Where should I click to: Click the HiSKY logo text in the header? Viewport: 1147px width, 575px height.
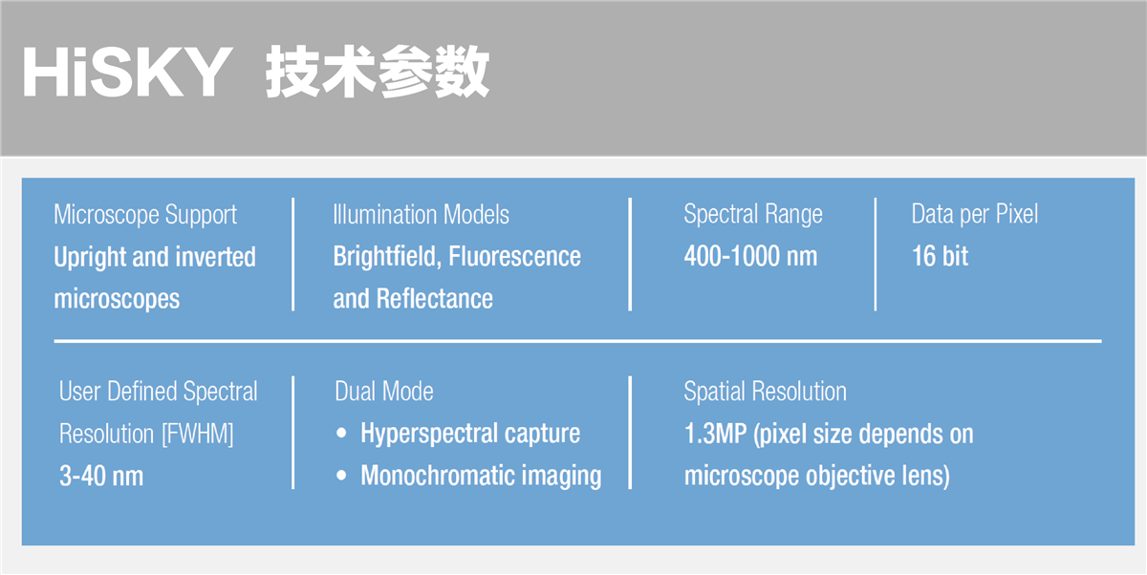[127, 72]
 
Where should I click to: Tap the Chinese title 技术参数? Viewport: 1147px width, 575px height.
[378, 71]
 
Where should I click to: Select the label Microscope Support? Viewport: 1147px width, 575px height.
[145, 215]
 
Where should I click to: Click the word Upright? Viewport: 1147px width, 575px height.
[90, 257]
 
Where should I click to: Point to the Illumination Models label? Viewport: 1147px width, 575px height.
[421, 214]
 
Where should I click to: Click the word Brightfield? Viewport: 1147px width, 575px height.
[387, 256]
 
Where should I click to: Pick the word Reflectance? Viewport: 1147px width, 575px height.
[435, 299]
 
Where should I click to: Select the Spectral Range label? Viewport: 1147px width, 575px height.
[753, 214]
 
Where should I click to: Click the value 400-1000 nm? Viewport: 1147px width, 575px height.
[750, 256]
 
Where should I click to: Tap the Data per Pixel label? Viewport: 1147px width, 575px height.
[975, 214]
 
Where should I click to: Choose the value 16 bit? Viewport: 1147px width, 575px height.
[941, 256]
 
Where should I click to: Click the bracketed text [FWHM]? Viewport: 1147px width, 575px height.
[198, 435]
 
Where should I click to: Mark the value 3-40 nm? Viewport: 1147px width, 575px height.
[101, 477]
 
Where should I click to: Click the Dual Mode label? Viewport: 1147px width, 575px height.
[384, 392]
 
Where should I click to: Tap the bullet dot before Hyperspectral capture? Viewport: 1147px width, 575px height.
[341, 434]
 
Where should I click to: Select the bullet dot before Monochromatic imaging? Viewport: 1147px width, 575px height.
[341, 476]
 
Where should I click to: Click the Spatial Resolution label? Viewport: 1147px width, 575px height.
[766, 392]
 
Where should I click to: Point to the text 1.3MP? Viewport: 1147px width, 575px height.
[716, 434]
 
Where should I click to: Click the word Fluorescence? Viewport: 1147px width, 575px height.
[514, 256]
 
